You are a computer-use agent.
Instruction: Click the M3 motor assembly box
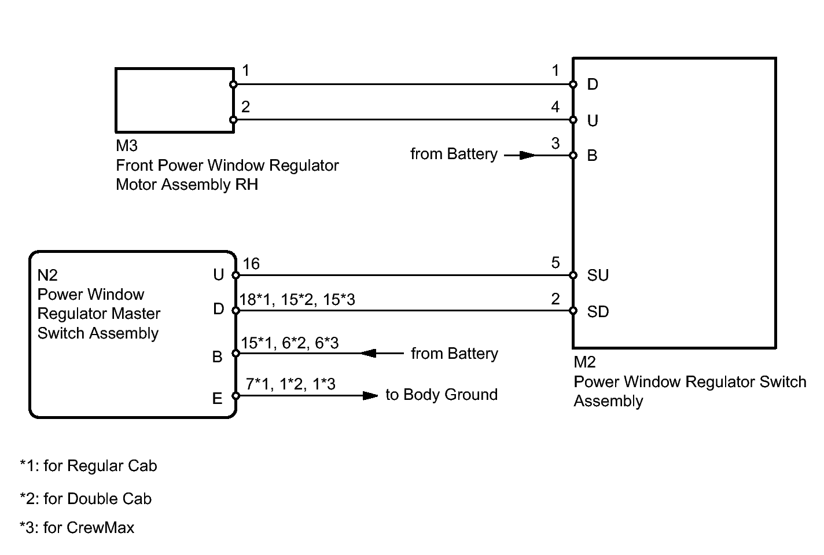[x=174, y=100]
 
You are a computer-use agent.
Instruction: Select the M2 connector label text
[x=584, y=362]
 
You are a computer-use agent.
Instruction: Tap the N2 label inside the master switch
[x=47, y=275]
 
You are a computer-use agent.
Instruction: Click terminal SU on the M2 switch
[x=598, y=275]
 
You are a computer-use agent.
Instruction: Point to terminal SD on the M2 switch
[x=598, y=311]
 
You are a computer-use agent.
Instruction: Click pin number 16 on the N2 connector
[x=251, y=264]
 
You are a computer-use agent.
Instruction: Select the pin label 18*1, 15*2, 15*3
[x=297, y=299]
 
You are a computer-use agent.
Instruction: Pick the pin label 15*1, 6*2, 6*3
[x=289, y=343]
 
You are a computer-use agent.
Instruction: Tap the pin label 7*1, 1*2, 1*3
[x=290, y=384]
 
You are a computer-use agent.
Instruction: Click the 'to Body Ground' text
[x=442, y=395]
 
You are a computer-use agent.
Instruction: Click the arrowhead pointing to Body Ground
[x=370, y=396]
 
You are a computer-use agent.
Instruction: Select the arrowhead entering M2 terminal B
[x=527, y=155]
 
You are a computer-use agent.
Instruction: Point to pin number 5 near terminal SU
[x=556, y=263]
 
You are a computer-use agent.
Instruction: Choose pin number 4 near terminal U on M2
[x=556, y=107]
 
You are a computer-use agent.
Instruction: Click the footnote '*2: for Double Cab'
[x=86, y=499]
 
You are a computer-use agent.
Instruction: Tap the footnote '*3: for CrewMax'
[x=77, y=528]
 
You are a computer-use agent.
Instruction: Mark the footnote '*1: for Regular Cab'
[x=89, y=466]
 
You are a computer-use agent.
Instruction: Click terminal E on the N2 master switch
[x=218, y=398]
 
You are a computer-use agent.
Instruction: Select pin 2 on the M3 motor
[x=246, y=107]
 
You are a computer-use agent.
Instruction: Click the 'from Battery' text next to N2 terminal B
[x=454, y=354]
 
